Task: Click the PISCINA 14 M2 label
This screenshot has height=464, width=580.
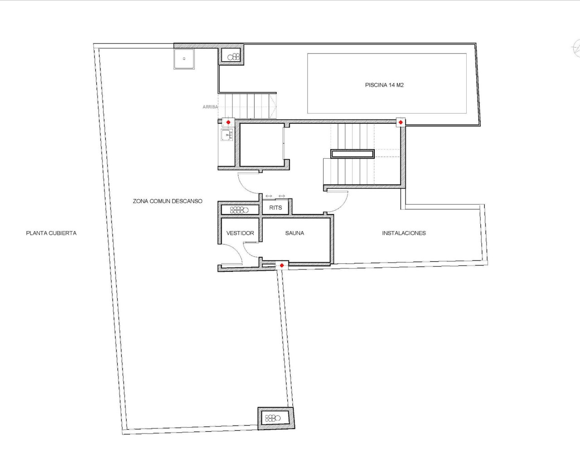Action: pyautogui.click(x=384, y=85)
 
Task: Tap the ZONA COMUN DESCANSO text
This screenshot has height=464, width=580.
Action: pyautogui.click(x=168, y=201)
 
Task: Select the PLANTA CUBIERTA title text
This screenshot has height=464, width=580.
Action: pyautogui.click(x=51, y=233)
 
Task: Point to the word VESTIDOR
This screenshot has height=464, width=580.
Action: pyautogui.click(x=240, y=233)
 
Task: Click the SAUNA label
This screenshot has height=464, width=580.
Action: pyautogui.click(x=295, y=233)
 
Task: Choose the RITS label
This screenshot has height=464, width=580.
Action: pyautogui.click(x=275, y=208)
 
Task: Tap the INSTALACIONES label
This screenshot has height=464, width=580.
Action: pyautogui.click(x=404, y=233)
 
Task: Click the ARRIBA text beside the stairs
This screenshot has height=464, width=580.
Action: pyautogui.click(x=210, y=107)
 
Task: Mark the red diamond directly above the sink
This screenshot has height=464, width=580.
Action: pyautogui.click(x=228, y=122)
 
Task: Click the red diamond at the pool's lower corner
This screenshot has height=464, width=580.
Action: pyautogui.click(x=401, y=122)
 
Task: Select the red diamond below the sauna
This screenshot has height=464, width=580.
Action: pyautogui.click(x=282, y=266)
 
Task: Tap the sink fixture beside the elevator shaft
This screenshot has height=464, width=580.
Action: pyautogui.click(x=227, y=135)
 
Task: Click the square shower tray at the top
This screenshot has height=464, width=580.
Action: pyautogui.click(x=184, y=59)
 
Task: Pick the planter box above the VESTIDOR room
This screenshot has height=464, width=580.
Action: pyautogui.click(x=239, y=210)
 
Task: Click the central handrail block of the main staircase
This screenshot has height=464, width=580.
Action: pyautogui.click(x=353, y=154)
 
